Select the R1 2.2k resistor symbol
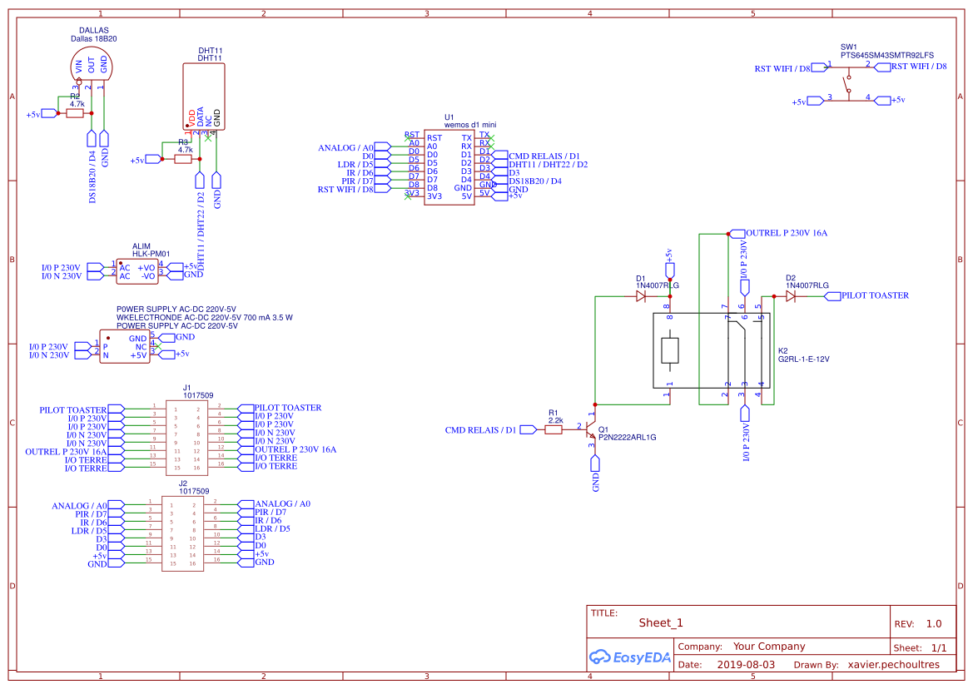pos(554,429)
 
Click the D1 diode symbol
pos(641,295)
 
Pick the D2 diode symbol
pos(790,295)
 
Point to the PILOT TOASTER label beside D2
pos(875,295)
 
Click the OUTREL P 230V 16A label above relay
pos(787,234)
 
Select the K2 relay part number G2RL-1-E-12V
pos(803,359)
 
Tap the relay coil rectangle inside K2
pos(671,351)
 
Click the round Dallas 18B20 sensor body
pos(91,62)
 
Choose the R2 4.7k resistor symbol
pos(75,113)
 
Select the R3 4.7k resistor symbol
pos(183,159)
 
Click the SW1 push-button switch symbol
pos(848,82)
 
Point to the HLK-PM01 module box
pos(137,271)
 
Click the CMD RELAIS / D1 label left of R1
pos(480,430)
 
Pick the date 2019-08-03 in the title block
pos(746,665)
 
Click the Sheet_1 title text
pos(661,623)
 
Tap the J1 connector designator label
pos(186,388)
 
